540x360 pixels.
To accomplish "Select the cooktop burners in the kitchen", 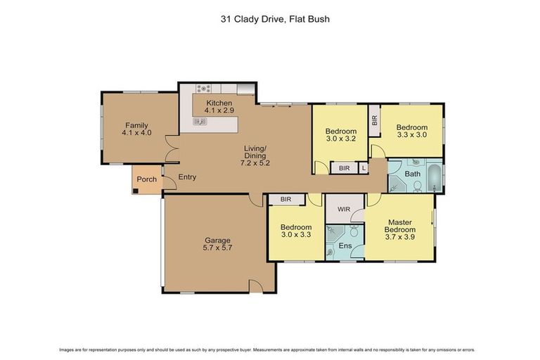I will point(204,89).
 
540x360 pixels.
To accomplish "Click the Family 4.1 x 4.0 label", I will point(136,129).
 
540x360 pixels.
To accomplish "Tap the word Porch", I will point(146,179).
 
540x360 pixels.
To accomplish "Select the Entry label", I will point(187,177).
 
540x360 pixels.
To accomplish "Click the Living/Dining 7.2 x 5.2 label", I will point(255,155).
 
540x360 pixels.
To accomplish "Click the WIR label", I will point(342,209).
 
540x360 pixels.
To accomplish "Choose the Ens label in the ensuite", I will point(345,245).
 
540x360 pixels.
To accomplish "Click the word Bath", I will point(412,173).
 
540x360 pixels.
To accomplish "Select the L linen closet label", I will point(363,169).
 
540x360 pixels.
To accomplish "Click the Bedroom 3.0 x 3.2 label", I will point(340,134).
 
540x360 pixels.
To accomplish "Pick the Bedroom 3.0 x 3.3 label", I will point(296,231).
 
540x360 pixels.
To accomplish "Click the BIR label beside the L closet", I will point(344,169).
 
